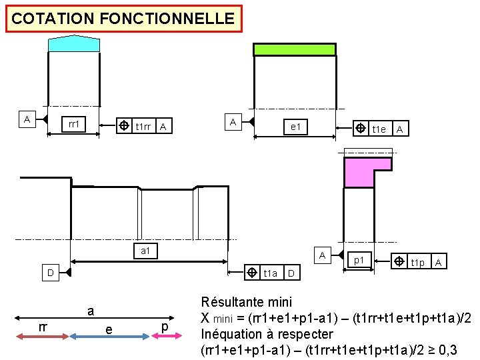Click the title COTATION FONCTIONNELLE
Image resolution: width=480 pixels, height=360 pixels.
pyautogui.click(x=123, y=19)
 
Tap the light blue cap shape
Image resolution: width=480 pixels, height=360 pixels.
pyautogui.click(x=74, y=44)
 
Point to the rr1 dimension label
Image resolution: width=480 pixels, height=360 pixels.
pyautogui.click(x=74, y=124)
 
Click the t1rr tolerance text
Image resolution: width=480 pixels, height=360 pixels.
pyautogui.click(x=143, y=127)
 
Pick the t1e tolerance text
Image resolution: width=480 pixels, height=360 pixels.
pyautogui.click(x=379, y=129)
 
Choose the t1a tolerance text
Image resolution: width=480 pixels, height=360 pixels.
pyautogui.click(x=270, y=273)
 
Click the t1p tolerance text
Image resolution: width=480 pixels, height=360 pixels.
pyautogui.click(x=417, y=263)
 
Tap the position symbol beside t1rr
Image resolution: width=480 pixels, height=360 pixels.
pyautogui.click(x=123, y=126)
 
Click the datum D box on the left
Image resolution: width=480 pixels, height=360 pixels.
pyautogui.click(x=49, y=273)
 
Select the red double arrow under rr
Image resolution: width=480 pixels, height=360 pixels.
pyautogui.click(x=41, y=337)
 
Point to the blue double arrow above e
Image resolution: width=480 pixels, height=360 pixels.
pyautogui.click(x=107, y=337)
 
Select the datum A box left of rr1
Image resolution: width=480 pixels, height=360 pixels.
pyautogui.click(x=27, y=120)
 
